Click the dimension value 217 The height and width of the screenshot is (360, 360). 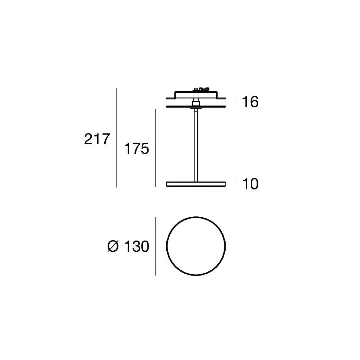pos(97,139)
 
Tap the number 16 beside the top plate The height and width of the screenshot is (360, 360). pos(250,102)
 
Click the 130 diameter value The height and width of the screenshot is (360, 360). pos(136,246)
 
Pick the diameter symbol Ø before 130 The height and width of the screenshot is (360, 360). pos(113,246)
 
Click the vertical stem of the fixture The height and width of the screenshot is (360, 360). pos(196,146)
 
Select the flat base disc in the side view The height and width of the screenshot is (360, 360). pos(196,184)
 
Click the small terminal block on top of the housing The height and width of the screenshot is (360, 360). pos(201,89)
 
